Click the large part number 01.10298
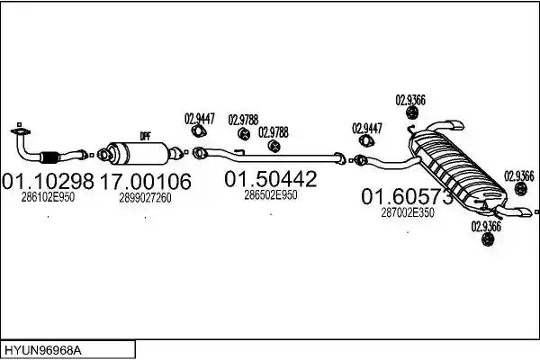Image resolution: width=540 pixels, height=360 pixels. coord(48,181)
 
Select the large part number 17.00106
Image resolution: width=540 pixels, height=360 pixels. coord(145,181)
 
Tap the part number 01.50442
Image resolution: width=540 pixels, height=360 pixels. coord(270,179)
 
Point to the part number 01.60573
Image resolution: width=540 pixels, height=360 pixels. coord(407,197)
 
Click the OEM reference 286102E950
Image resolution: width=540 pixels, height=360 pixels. coord(48,197)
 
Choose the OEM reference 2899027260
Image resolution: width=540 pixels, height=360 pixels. coord(145,198)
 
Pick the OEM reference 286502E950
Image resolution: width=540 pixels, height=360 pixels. coord(271,195)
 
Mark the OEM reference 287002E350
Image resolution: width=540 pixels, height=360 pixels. coord(408,213)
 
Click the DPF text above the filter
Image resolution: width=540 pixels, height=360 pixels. coord(145,137)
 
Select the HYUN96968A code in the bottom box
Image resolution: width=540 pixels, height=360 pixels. coord(43,351)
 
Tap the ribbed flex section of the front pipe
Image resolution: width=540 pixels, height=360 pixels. coord(49,157)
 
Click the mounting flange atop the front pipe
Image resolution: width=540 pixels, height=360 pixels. coord(21,131)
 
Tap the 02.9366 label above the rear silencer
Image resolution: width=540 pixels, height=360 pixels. coord(410,100)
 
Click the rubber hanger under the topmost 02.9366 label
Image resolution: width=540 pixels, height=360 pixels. coord(411,112)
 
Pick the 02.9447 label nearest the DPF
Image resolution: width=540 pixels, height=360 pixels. coord(200,119)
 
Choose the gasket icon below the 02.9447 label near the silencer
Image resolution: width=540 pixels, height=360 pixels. coord(367,140)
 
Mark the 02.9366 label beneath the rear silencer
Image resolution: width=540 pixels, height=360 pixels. coord(486,227)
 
